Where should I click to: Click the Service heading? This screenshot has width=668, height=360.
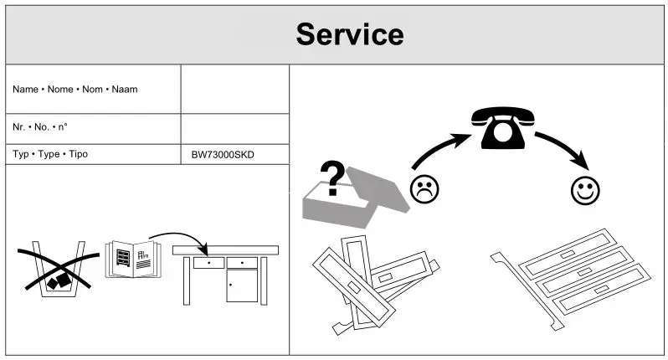349,34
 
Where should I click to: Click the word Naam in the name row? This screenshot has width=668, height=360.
125,90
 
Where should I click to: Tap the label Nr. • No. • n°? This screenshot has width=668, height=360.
40,127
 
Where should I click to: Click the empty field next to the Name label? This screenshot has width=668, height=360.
234,90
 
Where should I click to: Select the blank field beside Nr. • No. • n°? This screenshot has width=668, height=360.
234,128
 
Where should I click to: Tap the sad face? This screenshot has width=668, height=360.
424,188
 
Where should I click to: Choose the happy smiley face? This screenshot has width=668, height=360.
585,190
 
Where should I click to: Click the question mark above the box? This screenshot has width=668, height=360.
333,178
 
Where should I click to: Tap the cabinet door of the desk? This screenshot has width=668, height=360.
242,287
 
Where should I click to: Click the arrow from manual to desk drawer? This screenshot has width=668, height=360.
180,239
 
